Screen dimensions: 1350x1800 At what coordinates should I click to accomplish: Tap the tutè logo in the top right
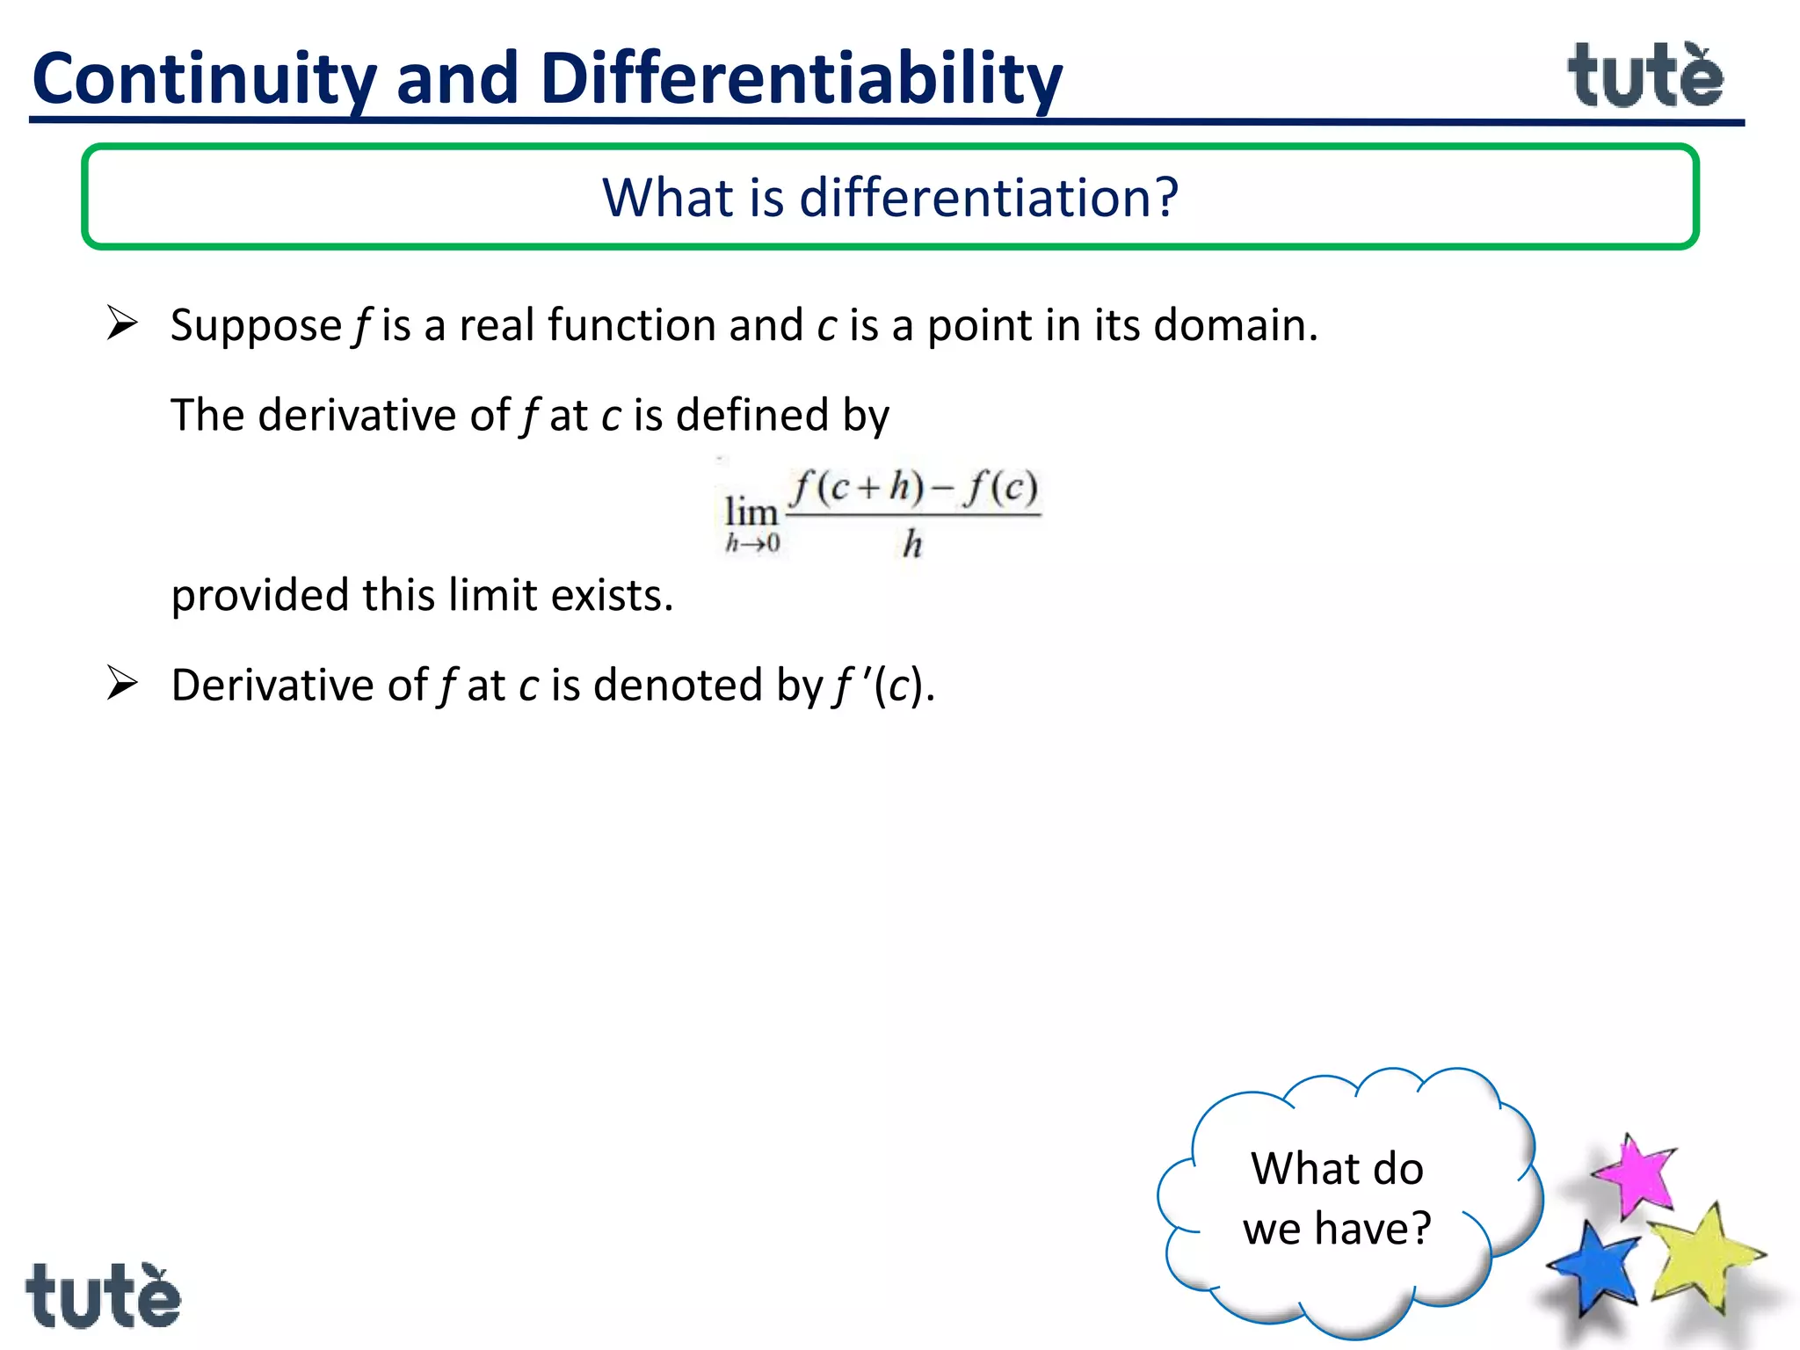pyautogui.click(x=1645, y=77)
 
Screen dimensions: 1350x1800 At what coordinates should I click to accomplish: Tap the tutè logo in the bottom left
pyautogui.click(x=103, y=1296)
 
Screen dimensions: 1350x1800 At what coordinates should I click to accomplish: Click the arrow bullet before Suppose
pyautogui.click(x=122, y=323)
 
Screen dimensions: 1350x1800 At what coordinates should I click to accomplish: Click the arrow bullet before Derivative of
pyautogui.click(x=122, y=683)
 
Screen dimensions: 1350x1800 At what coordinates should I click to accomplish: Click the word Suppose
pyautogui.click(x=256, y=327)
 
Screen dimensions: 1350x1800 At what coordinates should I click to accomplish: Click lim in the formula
pyautogui.click(x=751, y=512)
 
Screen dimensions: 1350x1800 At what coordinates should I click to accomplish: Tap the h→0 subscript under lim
pyautogui.click(x=752, y=544)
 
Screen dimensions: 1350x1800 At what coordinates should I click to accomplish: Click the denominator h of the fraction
pyautogui.click(x=912, y=544)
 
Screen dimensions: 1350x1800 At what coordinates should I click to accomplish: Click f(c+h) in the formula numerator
pyautogui.click(x=856, y=487)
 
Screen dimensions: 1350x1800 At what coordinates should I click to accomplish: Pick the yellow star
pyautogui.click(x=1703, y=1258)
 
